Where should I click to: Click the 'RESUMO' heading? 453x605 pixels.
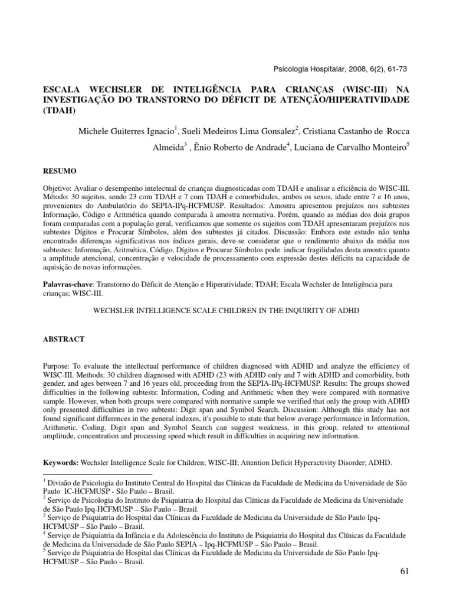point(60,171)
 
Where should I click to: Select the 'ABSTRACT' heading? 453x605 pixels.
point(65,340)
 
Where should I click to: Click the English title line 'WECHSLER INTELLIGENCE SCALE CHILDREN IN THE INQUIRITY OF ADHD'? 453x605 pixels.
point(226,310)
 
